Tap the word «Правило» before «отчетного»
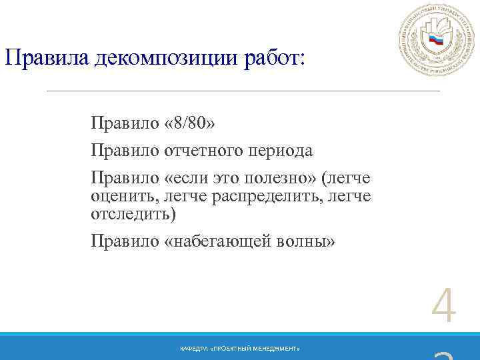tap(125, 151)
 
